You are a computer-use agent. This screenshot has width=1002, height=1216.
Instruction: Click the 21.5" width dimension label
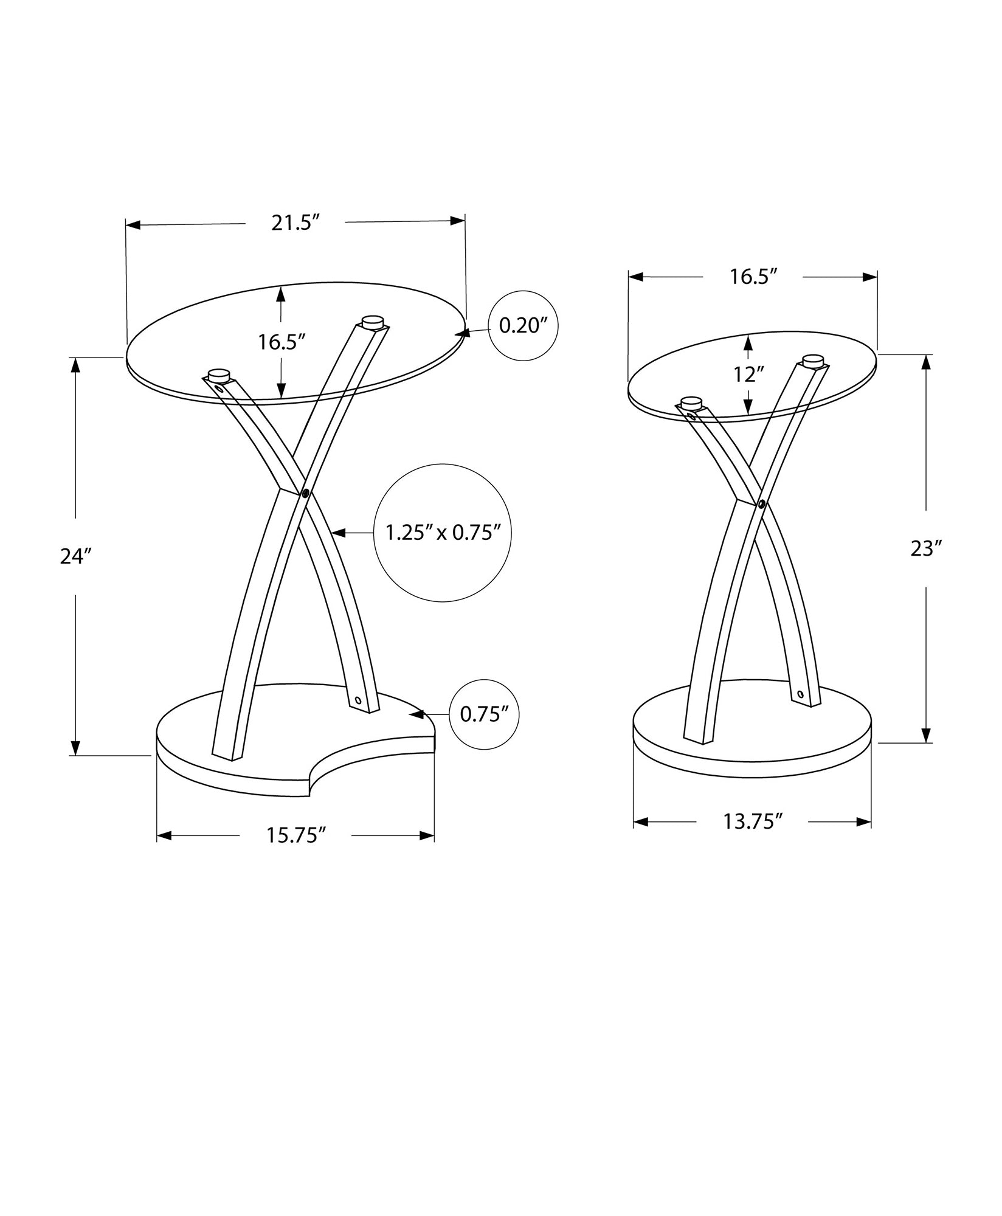coord(295,223)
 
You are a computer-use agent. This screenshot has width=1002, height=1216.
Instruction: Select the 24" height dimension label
coord(75,556)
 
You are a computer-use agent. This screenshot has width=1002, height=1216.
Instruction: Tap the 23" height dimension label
coord(926,549)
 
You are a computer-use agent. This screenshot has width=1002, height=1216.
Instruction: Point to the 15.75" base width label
coord(296,835)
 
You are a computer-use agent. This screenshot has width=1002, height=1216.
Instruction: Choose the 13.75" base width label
coord(752,822)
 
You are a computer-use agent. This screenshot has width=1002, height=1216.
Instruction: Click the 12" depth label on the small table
coord(748,375)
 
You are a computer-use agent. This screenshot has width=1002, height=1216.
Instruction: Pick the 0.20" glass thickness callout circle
coord(523,326)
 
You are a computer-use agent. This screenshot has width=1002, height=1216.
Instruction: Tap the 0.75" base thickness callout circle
coord(484,714)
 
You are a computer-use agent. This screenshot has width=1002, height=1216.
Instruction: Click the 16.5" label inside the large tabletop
coord(281,342)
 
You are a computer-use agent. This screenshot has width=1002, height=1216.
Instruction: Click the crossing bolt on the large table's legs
coord(305,492)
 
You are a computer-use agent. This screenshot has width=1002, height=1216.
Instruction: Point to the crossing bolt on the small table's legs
coord(761,503)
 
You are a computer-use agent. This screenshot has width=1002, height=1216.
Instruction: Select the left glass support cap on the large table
coord(218,375)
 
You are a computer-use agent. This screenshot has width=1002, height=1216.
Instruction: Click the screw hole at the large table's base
coord(358,700)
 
